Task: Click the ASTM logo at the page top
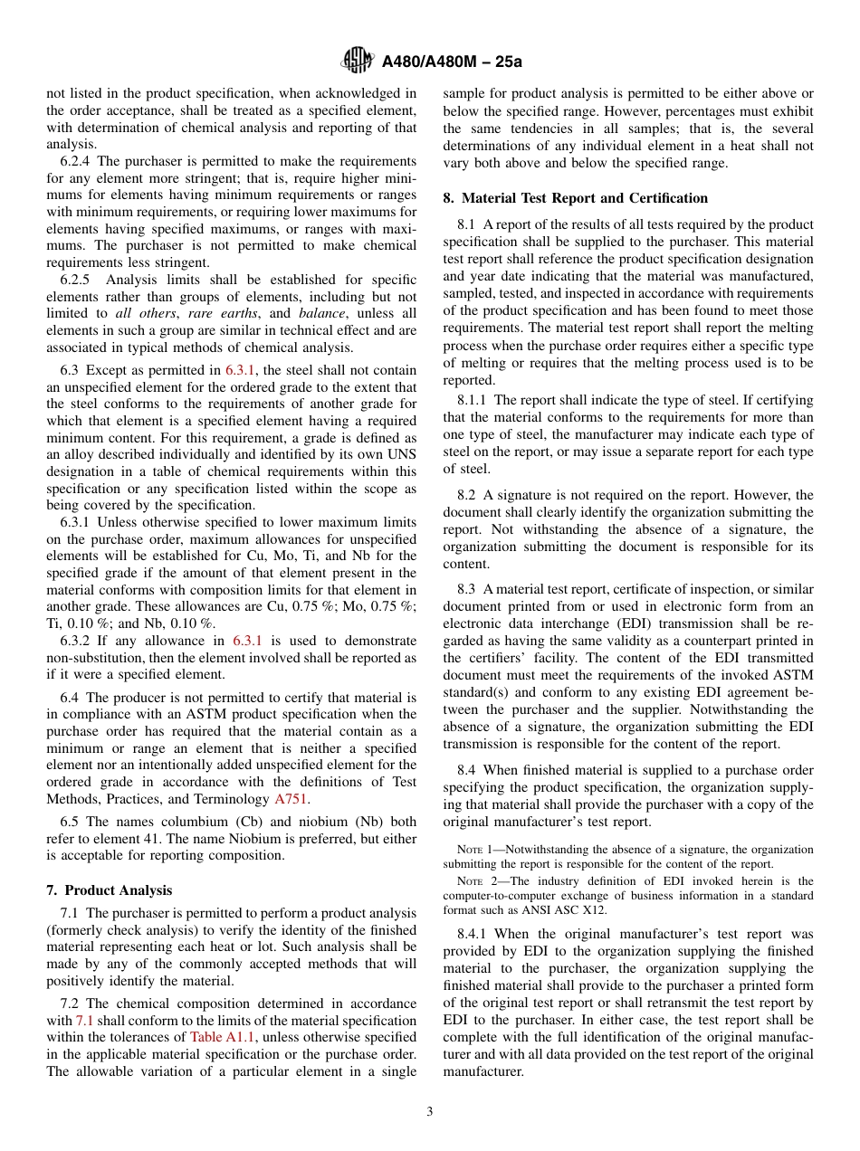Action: tap(358, 62)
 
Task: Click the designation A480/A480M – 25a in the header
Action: tap(452, 62)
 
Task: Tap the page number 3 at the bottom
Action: tap(430, 1111)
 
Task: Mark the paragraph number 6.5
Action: tap(72, 822)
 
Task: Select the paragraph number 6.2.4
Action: tap(79, 161)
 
